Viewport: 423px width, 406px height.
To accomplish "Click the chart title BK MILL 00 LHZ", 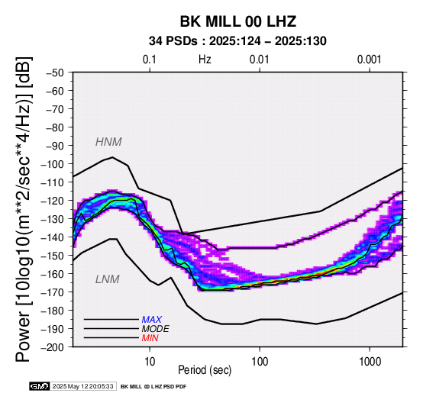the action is [238, 21].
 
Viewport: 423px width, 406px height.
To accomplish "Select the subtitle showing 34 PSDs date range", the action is [237, 41].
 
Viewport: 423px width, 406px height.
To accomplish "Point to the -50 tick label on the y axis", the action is [55, 72].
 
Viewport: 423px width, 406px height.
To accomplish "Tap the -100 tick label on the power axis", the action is [53, 164].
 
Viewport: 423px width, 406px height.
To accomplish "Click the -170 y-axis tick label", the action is [53, 292].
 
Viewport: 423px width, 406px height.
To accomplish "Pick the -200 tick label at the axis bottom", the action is [53, 347].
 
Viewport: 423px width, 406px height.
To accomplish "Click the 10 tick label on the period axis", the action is [150, 361].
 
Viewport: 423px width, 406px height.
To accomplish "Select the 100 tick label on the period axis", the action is [260, 361].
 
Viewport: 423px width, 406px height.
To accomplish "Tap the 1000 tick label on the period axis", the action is [370, 361].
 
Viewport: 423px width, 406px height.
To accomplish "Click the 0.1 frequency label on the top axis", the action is [150, 60].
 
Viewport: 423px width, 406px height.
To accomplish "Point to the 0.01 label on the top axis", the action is [260, 60].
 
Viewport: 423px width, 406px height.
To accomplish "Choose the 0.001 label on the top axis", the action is [369, 60].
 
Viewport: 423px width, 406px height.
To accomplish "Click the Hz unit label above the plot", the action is [205, 60].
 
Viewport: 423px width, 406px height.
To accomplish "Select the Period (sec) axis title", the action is [205, 370].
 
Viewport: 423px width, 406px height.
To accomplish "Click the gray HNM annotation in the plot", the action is [108, 142].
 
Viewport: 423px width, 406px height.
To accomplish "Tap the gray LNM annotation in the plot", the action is [108, 279].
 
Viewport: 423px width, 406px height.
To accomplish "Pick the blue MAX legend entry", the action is [152, 320].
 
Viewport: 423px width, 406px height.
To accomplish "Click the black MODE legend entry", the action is [156, 329].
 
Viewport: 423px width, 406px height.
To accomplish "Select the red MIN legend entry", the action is [150, 338].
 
